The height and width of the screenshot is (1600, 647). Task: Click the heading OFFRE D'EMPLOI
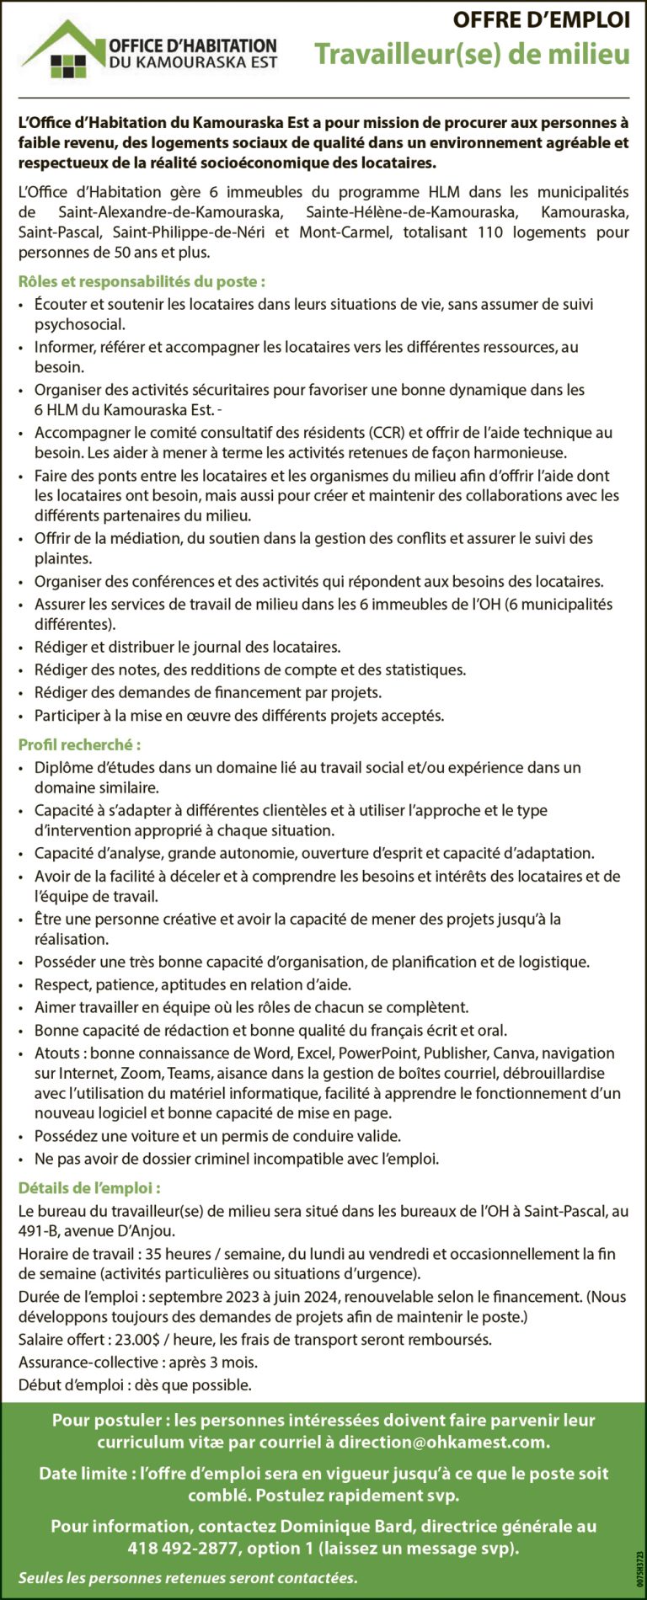click(x=541, y=20)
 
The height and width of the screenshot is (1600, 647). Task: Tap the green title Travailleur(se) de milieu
click(x=472, y=55)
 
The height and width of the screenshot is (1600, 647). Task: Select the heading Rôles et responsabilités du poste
click(x=142, y=282)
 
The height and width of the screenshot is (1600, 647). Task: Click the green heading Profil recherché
click(x=79, y=744)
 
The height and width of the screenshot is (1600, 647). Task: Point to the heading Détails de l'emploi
click(x=89, y=1188)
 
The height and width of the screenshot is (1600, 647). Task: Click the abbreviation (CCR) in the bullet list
click(x=388, y=433)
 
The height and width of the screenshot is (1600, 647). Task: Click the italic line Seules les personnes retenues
click(x=188, y=1577)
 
